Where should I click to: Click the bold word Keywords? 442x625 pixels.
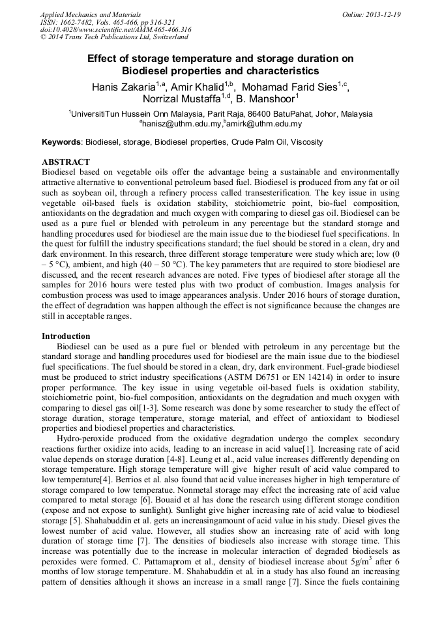pyautogui.click(x=61, y=142)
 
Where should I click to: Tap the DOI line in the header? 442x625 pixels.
pyautogui.click(x=115, y=30)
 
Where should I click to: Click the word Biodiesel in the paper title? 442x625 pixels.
pyautogui.click(x=147, y=70)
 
